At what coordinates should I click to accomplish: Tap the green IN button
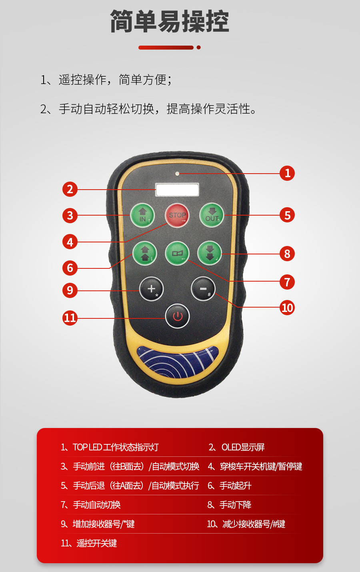click(143, 216)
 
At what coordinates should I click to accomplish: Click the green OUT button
click(212, 215)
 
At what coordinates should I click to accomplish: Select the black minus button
click(203, 288)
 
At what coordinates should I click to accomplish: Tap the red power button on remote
click(177, 316)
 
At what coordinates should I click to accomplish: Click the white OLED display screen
click(177, 190)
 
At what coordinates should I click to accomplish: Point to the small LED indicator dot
click(177, 174)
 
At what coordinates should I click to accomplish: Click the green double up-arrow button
click(145, 253)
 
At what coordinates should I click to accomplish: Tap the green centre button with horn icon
click(177, 253)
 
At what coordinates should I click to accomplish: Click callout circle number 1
click(287, 173)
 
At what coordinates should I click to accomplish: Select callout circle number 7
click(287, 282)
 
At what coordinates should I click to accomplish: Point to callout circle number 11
click(70, 318)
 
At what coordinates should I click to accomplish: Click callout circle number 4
click(70, 242)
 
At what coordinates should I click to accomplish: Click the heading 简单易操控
click(170, 22)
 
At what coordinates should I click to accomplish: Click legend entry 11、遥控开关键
click(89, 543)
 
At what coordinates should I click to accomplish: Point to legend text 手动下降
click(235, 505)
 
